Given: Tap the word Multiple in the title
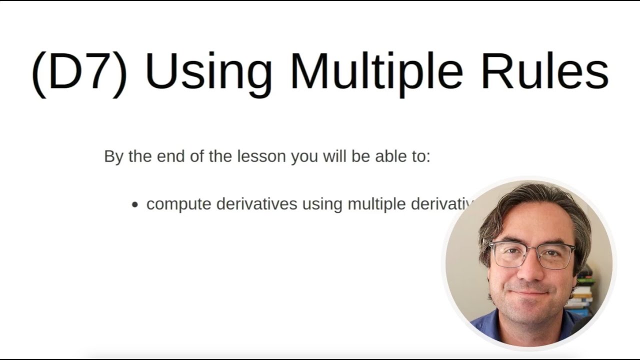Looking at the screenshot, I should coord(376,71).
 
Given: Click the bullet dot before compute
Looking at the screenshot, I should coord(134,205).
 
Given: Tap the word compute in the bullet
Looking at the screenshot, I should coord(178,204).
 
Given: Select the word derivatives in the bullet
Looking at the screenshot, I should coord(256,204).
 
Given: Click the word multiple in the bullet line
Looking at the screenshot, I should coord(376,204).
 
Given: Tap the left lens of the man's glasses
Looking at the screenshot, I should coord(508,255).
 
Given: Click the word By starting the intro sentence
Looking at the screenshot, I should coord(114,156).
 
